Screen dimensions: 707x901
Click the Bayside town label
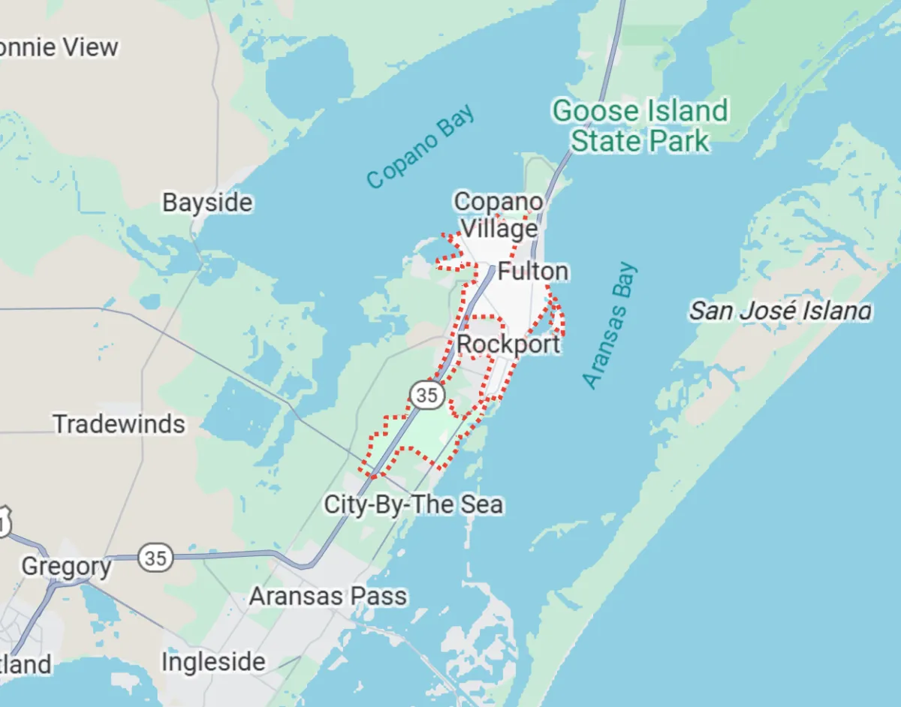(207, 203)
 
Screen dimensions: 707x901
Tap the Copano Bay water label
(421, 146)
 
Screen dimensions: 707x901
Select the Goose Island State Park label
(640, 126)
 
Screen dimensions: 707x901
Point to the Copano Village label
(499, 215)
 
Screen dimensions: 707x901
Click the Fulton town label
(533, 271)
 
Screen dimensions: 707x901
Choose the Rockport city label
(508, 344)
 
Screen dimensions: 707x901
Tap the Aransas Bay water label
(610, 325)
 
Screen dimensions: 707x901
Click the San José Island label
(780, 311)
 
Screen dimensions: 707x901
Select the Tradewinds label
(119, 424)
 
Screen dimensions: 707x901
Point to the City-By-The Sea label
(413, 504)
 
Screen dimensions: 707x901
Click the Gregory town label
(66, 566)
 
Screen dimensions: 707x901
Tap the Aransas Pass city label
(328, 597)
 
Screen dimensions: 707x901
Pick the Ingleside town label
(213, 662)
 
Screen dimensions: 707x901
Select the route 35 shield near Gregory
(156, 558)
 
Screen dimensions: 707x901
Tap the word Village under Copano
(499, 228)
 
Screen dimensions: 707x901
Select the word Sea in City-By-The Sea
(481, 504)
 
